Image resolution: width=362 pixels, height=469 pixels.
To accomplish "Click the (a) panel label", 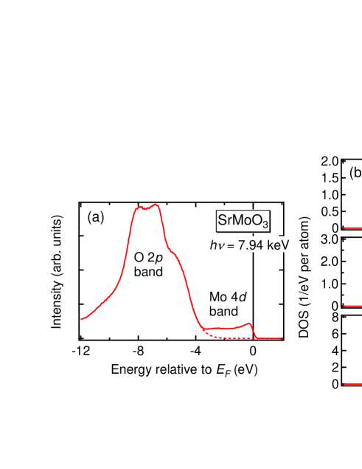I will click(x=96, y=217).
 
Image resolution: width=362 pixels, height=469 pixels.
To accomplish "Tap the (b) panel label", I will click(x=355, y=173).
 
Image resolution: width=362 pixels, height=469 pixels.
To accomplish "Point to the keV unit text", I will click(x=277, y=245).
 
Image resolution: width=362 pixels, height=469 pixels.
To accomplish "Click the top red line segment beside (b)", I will click(x=352, y=228).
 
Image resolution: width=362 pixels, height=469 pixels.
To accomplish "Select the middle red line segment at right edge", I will click(x=352, y=306).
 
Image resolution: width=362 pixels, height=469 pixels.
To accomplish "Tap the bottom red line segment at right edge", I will click(x=352, y=383).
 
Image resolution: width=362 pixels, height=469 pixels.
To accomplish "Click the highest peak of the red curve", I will click(x=156, y=205).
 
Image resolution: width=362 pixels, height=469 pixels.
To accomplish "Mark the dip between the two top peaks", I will click(x=147, y=209).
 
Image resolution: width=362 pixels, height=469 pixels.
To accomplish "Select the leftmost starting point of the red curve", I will click(x=81, y=319).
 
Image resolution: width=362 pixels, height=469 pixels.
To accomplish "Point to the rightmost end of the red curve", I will click(x=281, y=338).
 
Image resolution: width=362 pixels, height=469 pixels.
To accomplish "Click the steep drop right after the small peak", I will click(x=254, y=330).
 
